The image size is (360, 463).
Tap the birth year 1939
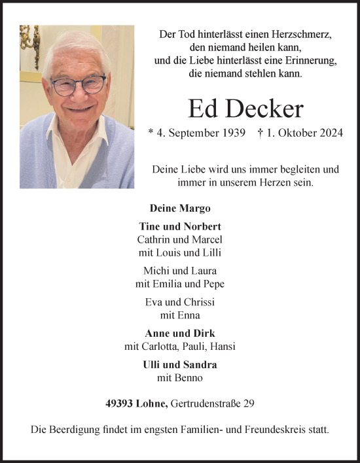(x=232, y=133)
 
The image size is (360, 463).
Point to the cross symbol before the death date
(x=261, y=133)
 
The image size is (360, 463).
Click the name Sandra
(x=202, y=365)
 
